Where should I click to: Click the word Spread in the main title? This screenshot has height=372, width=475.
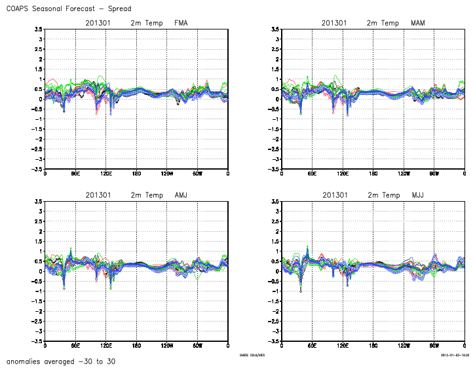click(117, 9)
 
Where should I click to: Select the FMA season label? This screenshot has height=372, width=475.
click(181, 23)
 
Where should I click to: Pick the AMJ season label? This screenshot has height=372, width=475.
click(181, 195)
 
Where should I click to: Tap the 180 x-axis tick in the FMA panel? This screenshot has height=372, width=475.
click(136, 174)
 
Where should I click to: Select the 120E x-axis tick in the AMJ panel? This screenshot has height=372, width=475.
click(106, 346)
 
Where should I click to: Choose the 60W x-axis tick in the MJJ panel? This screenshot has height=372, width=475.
click(434, 346)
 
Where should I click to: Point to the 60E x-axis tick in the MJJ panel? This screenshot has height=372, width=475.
click(312, 346)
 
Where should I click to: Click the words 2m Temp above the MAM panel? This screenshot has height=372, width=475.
click(383, 23)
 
